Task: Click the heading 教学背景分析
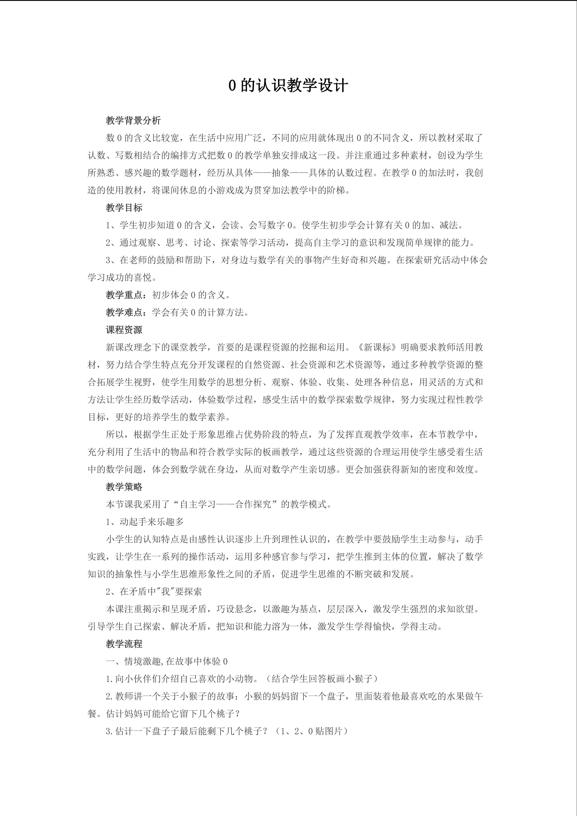[x=133, y=120]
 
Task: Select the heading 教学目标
[x=124, y=207]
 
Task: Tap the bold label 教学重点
[x=124, y=295]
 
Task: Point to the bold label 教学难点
[x=124, y=312]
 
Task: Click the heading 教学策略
[x=124, y=487]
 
